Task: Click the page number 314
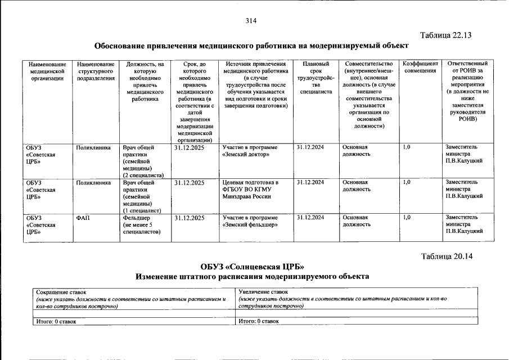pos(251,21)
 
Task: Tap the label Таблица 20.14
pos(447,256)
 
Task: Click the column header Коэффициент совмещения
pos(420,67)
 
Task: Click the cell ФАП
pos(83,217)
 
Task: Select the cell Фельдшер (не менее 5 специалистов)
pos(142,224)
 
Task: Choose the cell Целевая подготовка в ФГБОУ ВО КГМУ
pos(250,189)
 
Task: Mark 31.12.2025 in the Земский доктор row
pos(189,147)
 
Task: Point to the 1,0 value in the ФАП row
pos(407,217)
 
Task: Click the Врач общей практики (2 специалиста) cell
pos(141,161)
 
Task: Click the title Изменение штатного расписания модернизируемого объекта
pos(252,277)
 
